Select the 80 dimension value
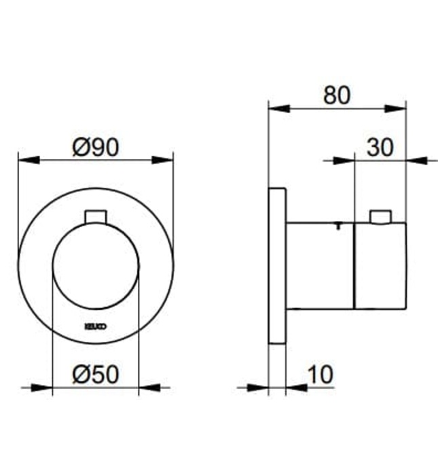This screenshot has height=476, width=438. point(337,95)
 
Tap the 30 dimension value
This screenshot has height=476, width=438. point(380,147)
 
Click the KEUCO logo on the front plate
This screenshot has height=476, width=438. point(95,326)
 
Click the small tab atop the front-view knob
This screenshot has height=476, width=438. point(96,216)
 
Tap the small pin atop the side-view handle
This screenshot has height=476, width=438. point(381,217)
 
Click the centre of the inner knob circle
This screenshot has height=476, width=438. point(96,265)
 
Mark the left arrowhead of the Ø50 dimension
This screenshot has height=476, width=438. point(42,388)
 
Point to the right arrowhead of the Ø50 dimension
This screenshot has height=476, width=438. point(149,388)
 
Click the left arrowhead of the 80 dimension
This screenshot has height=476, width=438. point(279,108)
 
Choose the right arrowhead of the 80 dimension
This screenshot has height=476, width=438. point(396,108)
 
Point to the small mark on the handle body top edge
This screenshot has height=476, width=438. point(337,225)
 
